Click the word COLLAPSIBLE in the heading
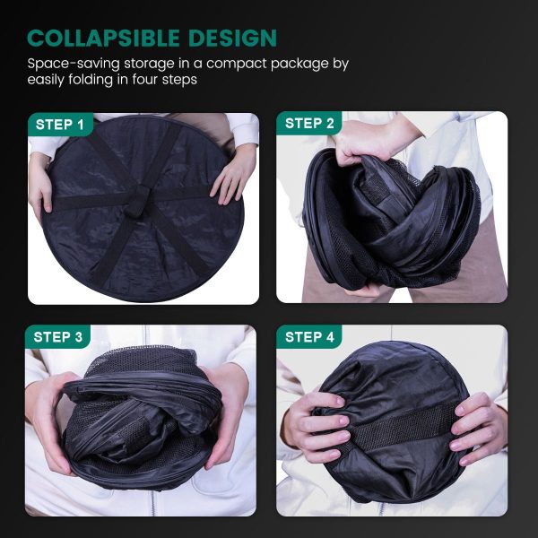103,38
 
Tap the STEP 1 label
60,125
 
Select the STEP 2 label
309,124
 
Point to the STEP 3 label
58,337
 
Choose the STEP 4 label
309,337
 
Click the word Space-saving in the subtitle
74,65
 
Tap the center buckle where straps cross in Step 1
138,200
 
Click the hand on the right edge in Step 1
234,176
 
